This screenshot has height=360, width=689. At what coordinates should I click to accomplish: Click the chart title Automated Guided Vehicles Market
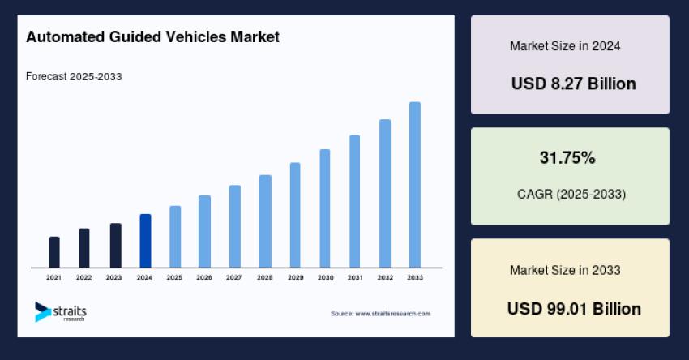[152, 37]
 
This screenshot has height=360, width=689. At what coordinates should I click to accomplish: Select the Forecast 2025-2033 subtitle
[74, 77]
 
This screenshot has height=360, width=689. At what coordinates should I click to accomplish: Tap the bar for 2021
[54, 252]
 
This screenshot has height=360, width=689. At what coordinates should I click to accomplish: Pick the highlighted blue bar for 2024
[145, 241]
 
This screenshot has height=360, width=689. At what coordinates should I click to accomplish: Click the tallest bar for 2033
[415, 185]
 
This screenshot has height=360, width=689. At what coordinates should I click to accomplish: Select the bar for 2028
[265, 221]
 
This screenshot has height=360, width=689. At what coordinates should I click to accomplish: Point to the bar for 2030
[325, 208]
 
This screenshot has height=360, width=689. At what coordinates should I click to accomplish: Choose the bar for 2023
[115, 246]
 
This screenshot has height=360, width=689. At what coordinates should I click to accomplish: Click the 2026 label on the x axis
[204, 277]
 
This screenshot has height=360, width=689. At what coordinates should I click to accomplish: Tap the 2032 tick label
[385, 277]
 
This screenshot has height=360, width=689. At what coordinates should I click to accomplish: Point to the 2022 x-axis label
[84, 277]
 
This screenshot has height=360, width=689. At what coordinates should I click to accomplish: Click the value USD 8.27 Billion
[573, 84]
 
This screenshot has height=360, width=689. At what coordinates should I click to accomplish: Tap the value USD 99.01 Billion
[573, 309]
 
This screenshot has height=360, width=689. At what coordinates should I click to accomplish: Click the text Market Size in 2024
[565, 46]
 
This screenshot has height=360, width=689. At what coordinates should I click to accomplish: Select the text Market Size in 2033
[565, 270]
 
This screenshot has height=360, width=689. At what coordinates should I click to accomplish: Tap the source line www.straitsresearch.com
[381, 313]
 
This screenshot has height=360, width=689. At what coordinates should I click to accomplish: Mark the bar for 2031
[355, 201]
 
